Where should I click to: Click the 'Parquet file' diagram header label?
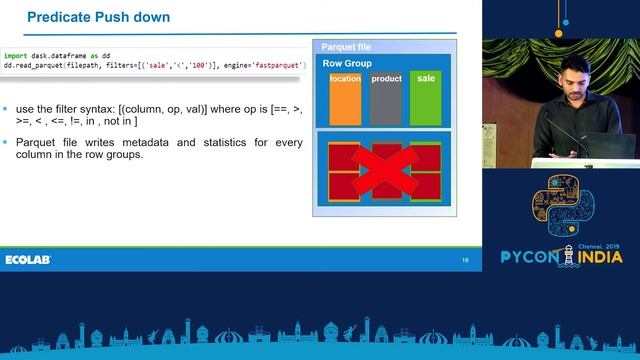pos(346,47)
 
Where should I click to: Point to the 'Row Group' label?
pos(347,63)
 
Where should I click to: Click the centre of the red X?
pos(385,171)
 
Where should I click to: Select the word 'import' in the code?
pos(15,56)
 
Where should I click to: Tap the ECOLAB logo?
pos(28,260)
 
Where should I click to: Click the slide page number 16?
pos(465,260)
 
